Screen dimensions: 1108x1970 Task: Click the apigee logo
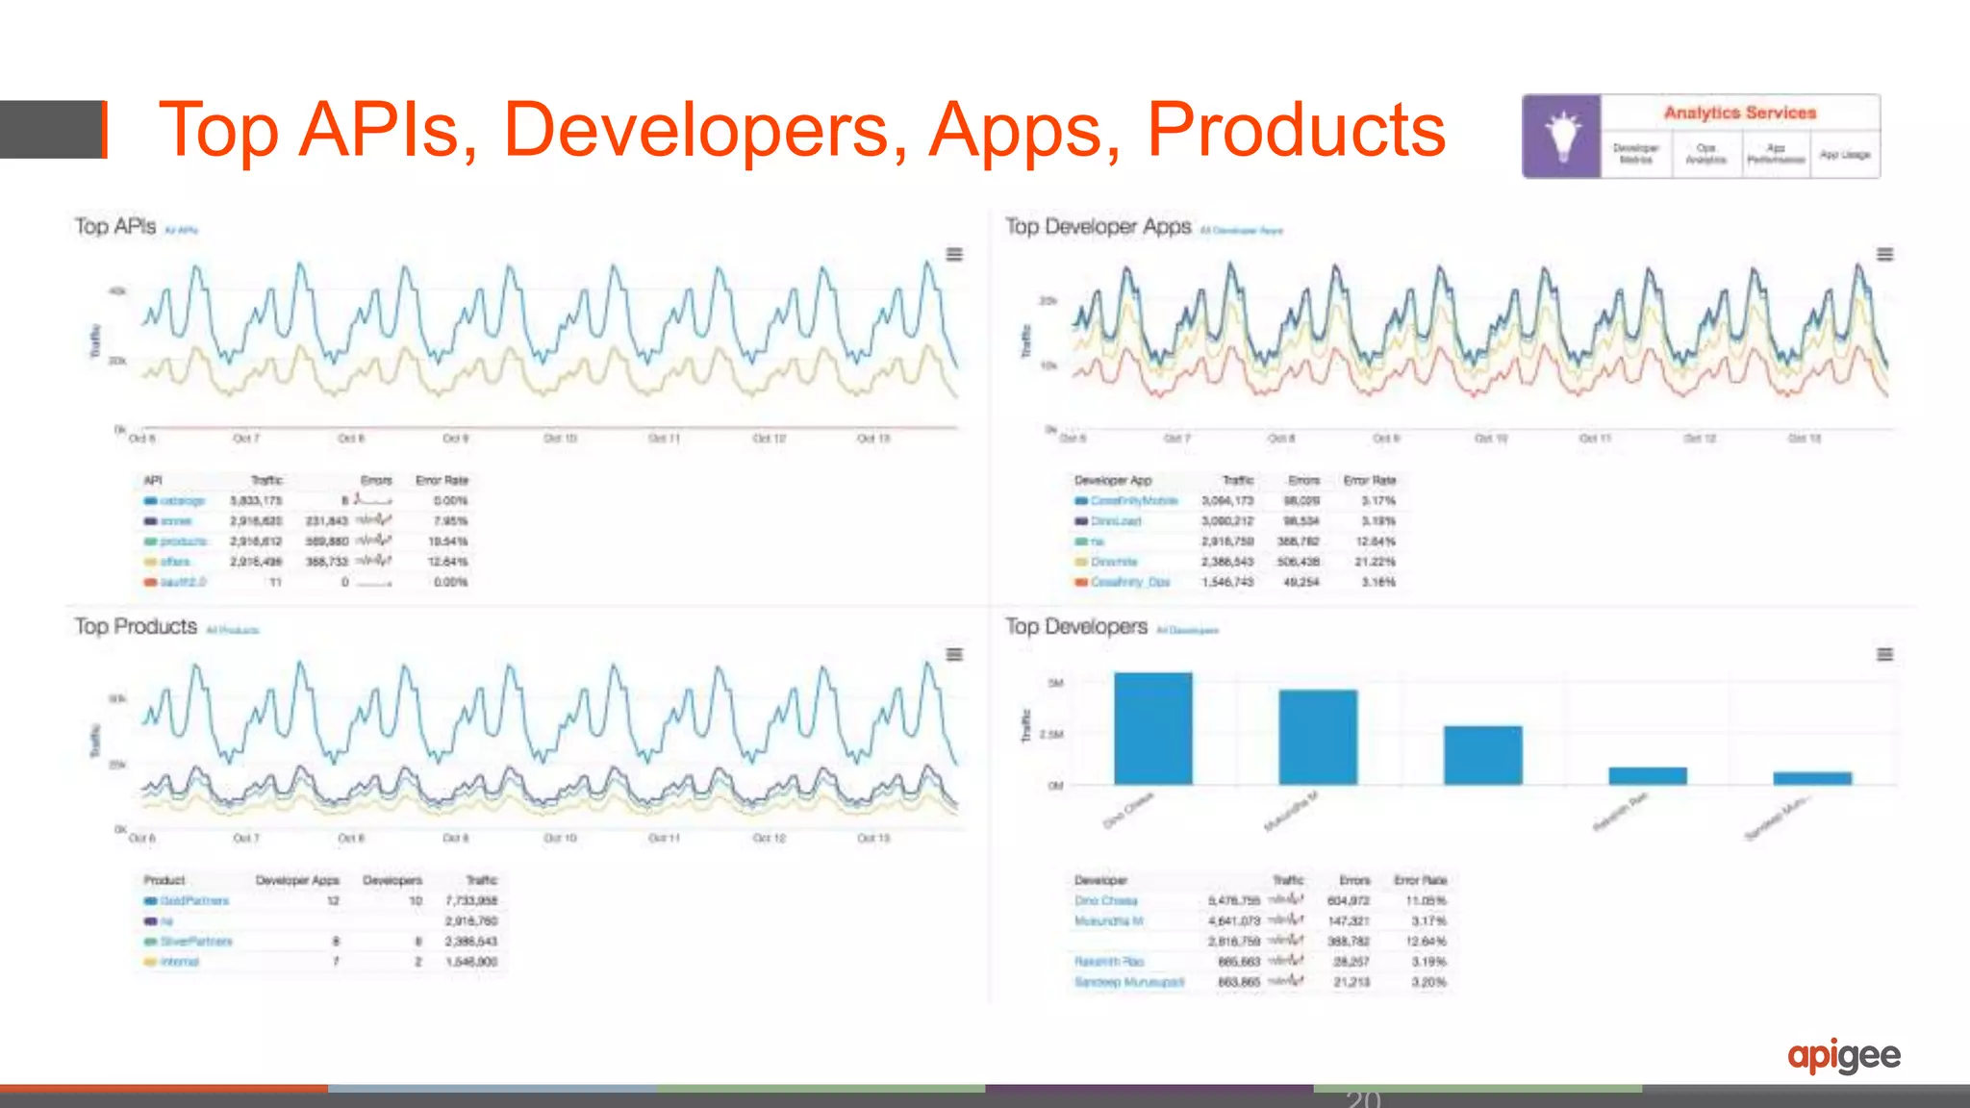[x=1843, y=1056]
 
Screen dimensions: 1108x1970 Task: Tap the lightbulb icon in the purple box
[x=1562, y=137]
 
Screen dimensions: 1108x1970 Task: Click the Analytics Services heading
[x=1740, y=113]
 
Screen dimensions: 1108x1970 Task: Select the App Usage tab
[x=1845, y=155]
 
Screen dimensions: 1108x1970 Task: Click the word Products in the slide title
[x=1296, y=129]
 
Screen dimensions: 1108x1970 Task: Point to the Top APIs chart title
[x=115, y=226]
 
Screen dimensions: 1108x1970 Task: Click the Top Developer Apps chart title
[x=1099, y=226]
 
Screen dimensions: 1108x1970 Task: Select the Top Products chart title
[x=136, y=626]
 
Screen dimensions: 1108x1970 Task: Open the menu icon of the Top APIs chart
[x=954, y=254]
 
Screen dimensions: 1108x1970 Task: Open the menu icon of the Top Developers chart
[x=1885, y=654]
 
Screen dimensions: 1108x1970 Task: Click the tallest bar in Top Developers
[x=1152, y=728]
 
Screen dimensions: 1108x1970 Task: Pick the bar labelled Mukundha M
[x=1318, y=737]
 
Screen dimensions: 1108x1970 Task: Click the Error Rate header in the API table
[x=442, y=480]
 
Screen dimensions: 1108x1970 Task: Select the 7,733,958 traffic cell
[x=471, y=901]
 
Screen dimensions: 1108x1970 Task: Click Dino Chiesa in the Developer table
[x=1106, y=901]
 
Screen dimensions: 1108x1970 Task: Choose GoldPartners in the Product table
[x=194, y=901]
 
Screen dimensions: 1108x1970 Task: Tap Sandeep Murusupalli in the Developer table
[x=1129, y=982]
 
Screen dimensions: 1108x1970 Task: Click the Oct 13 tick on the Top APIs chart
[x=873, y=439]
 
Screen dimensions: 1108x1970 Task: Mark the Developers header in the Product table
[x=392, y=880]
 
